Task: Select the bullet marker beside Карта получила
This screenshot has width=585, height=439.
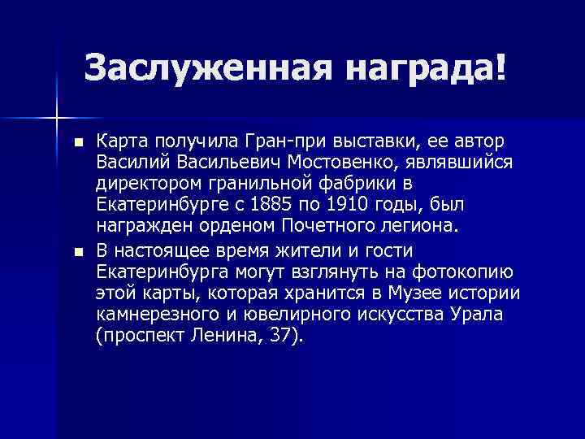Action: point(78,142)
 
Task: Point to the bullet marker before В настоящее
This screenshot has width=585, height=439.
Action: point(78,251)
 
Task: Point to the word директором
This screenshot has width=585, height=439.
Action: point(151,183)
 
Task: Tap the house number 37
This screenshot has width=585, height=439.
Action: point(280,335)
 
